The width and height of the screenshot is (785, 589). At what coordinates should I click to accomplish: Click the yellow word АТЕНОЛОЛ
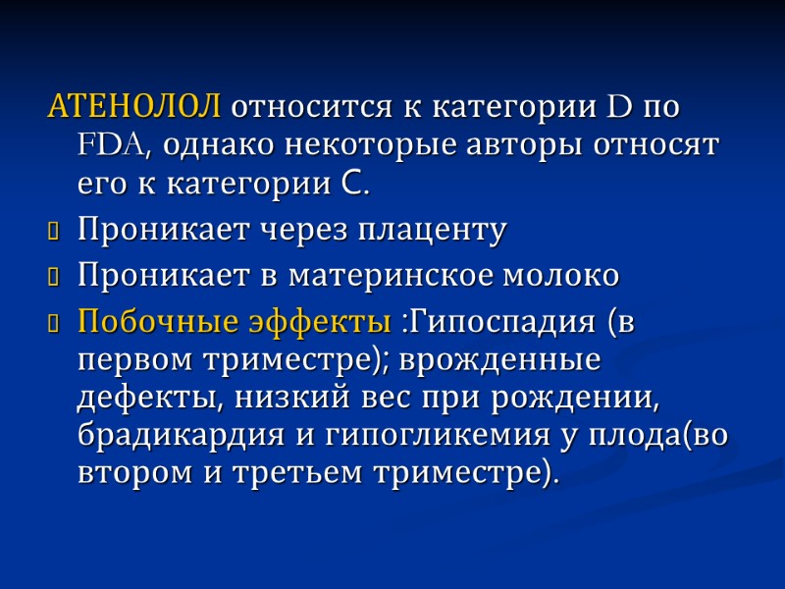point(134,105)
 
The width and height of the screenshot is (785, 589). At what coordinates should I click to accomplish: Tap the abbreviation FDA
point(112,144)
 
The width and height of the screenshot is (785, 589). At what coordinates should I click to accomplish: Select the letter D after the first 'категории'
point(621,105)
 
